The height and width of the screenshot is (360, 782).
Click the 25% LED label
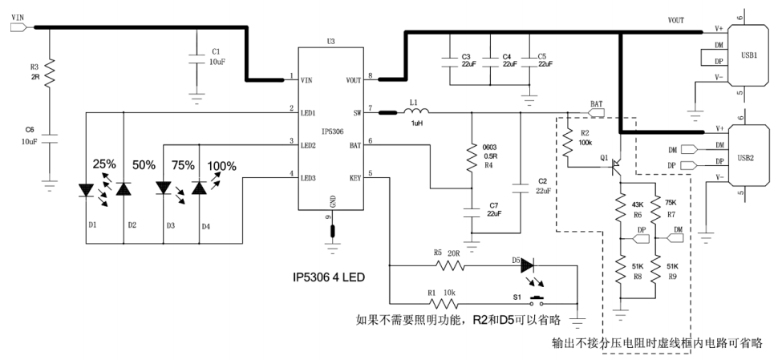point(105,164)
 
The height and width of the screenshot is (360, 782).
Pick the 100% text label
point(222,166)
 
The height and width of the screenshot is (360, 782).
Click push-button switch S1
point(537,302)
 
